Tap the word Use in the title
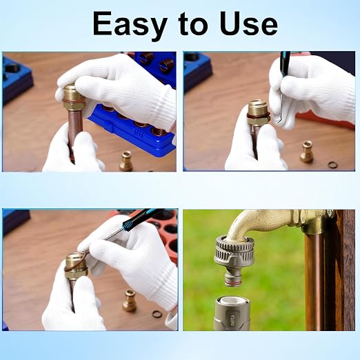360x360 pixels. (x=248, y=23)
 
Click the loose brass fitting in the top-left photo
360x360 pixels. (x=126, y=161)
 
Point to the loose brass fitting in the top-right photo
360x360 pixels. (x=306, y=152)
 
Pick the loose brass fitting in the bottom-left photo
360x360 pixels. (x=129, y=301)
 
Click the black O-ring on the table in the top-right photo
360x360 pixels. (x=332, y=165)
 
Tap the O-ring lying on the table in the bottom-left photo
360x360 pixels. (x=157, y=314)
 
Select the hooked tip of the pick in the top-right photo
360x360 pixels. (x=279, y=122)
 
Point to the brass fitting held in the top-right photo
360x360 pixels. (x=258, y=112)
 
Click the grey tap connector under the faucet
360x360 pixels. (x=234, y=260)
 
